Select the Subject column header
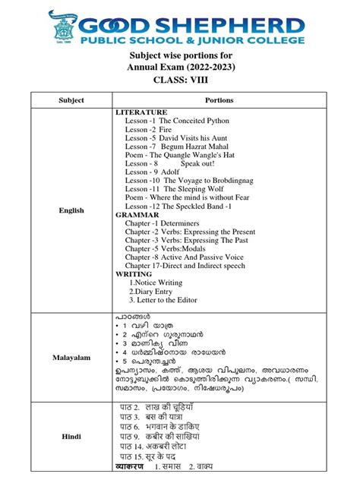[x=71, y=100]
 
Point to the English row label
[x=71, y=210]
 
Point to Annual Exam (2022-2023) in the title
[x=179, y=67]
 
